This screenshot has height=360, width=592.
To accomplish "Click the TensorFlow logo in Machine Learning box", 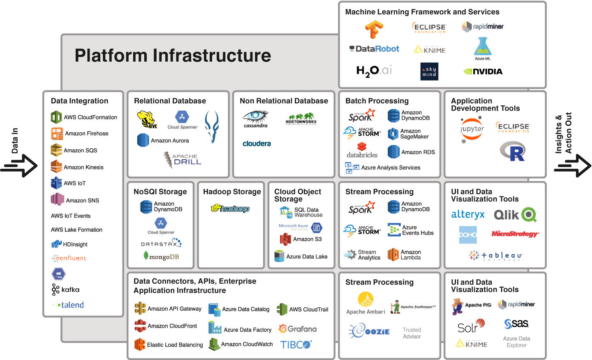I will click(374, 30).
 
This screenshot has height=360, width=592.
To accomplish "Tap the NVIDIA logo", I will click(483, 72).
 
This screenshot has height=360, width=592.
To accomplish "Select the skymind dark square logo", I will click(429, 72).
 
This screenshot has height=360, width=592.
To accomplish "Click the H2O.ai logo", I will click(374, 71).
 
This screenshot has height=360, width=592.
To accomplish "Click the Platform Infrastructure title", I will click(173, 56).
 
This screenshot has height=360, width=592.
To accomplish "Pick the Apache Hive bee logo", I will click(147, 119).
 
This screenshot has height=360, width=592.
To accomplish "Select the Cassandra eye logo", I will click(256, 118).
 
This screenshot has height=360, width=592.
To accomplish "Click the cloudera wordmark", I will click(257, 144).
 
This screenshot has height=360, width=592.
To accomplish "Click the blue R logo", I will click(513, 151).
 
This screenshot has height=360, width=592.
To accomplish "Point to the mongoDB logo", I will click(161, 257).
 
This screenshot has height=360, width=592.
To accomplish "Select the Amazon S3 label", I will click(307, 239).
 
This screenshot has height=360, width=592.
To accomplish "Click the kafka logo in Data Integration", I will click(66, 290).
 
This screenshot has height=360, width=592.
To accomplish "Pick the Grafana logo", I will click(297, 329).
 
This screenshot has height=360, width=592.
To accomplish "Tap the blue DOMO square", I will click(468, 235).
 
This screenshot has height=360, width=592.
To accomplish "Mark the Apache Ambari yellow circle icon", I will click(365, 300).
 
